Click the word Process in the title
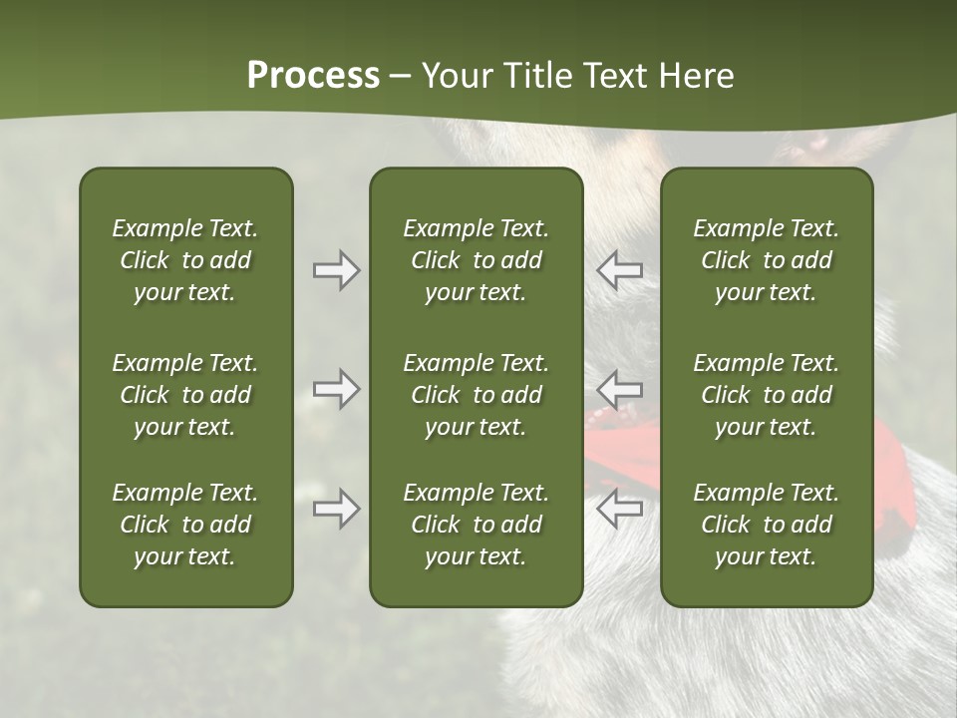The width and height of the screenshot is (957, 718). [x=313, y=76]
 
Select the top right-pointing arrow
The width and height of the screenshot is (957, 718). [x=337, y=270]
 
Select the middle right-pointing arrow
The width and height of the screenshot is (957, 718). [x=337, y=389]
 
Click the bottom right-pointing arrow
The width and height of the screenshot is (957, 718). [x=337, y=509]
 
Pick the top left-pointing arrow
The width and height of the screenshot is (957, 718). [x=619, y=270]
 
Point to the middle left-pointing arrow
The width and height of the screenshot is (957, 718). [x=619, y=389]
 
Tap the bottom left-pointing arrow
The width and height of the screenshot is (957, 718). [x=619, y=509]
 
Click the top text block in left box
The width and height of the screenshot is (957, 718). [x=185, y=260]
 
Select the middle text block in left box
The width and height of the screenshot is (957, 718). [x=185, y=395]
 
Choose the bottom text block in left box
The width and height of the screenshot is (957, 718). [x=185, y=525]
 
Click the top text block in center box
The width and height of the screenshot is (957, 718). [x=476, y=260]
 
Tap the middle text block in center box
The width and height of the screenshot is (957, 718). [x=476, y=395]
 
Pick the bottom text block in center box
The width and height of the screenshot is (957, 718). [x=476, y=525]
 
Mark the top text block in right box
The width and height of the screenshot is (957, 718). [x=766, y=260]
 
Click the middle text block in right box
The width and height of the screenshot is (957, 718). [x=766, y=395]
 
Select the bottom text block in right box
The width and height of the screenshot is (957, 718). [x=766, y=525]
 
